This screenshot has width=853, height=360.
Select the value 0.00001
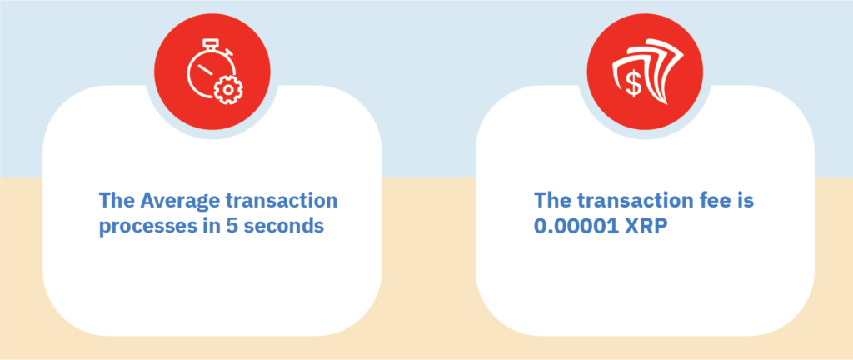coord(576,226)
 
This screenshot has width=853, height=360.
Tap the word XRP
coord(646,226)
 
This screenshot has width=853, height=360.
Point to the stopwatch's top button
coord(209,43)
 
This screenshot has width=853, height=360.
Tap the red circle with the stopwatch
coord(212,72)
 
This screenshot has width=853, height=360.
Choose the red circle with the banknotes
coord(646,72)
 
